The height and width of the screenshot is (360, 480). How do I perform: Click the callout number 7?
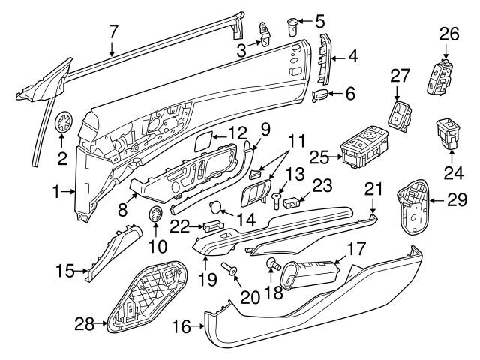coord(113,31)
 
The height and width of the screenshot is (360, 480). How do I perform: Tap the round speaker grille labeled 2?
coord(63,123)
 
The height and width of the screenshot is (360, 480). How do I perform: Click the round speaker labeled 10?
coord(157,216)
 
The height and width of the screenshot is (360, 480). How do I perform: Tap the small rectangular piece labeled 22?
coord(212,226)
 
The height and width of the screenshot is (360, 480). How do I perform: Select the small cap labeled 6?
coord(319,95)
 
